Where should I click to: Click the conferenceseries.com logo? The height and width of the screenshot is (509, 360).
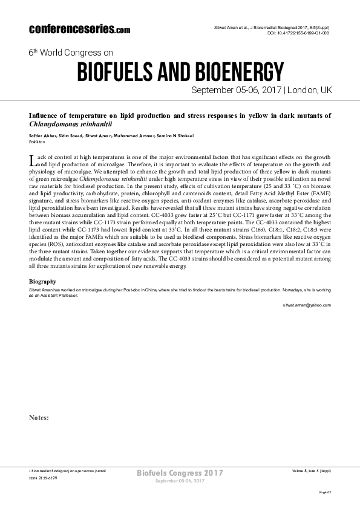79,29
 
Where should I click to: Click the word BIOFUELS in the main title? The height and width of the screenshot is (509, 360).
119,72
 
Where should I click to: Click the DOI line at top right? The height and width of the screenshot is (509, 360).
299,33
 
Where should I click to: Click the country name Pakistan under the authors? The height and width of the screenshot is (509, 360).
37,140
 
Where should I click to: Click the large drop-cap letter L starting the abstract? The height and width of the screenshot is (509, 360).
33,160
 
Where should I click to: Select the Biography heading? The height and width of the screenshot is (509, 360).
43,282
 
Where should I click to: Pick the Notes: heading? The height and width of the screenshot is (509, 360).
39,417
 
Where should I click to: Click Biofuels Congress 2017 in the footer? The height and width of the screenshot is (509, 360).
180,472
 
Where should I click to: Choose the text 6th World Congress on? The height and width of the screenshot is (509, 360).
70,53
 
